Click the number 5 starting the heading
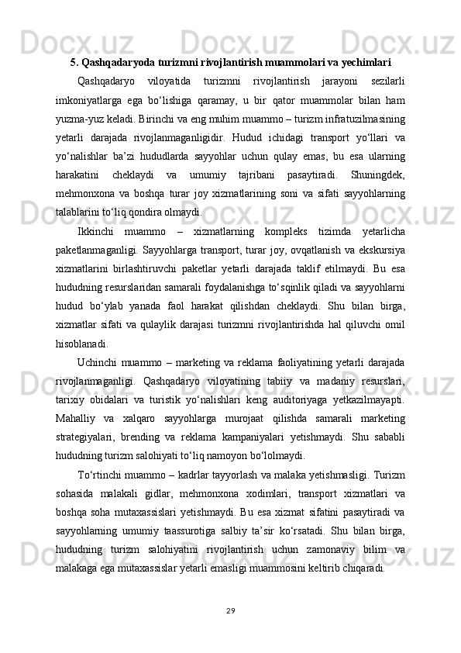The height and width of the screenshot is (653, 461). pos(74,61)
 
